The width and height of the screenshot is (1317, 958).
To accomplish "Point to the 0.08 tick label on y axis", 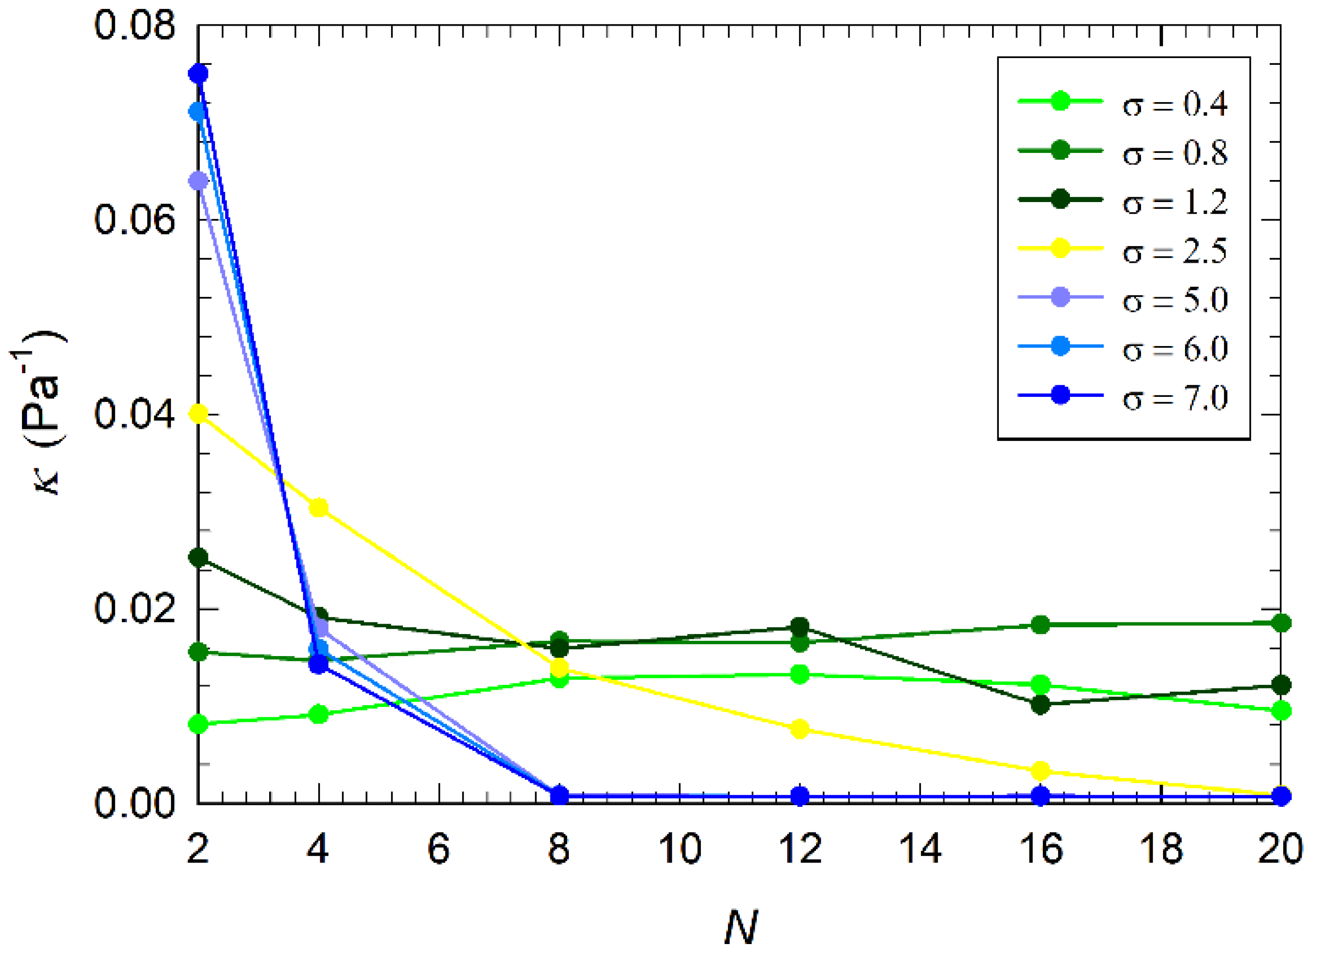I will click(x=135, y=26).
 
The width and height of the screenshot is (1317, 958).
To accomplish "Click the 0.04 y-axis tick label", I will click(x=135, y=414).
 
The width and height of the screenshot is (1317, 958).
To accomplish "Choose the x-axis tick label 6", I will click(x=438, y=849).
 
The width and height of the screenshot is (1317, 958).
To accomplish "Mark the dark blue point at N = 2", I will click(x=198, y=74).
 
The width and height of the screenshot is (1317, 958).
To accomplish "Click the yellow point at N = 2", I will click(x=198, y=414).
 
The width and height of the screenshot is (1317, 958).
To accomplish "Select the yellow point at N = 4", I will click(x=319, y=508).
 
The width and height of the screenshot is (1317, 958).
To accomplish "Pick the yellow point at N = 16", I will click(x=1041, y=771).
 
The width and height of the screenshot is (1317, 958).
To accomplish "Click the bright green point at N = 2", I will click(x=198, y=724).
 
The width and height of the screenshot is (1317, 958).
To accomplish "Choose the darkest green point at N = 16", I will click(x=1041, y=705).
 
